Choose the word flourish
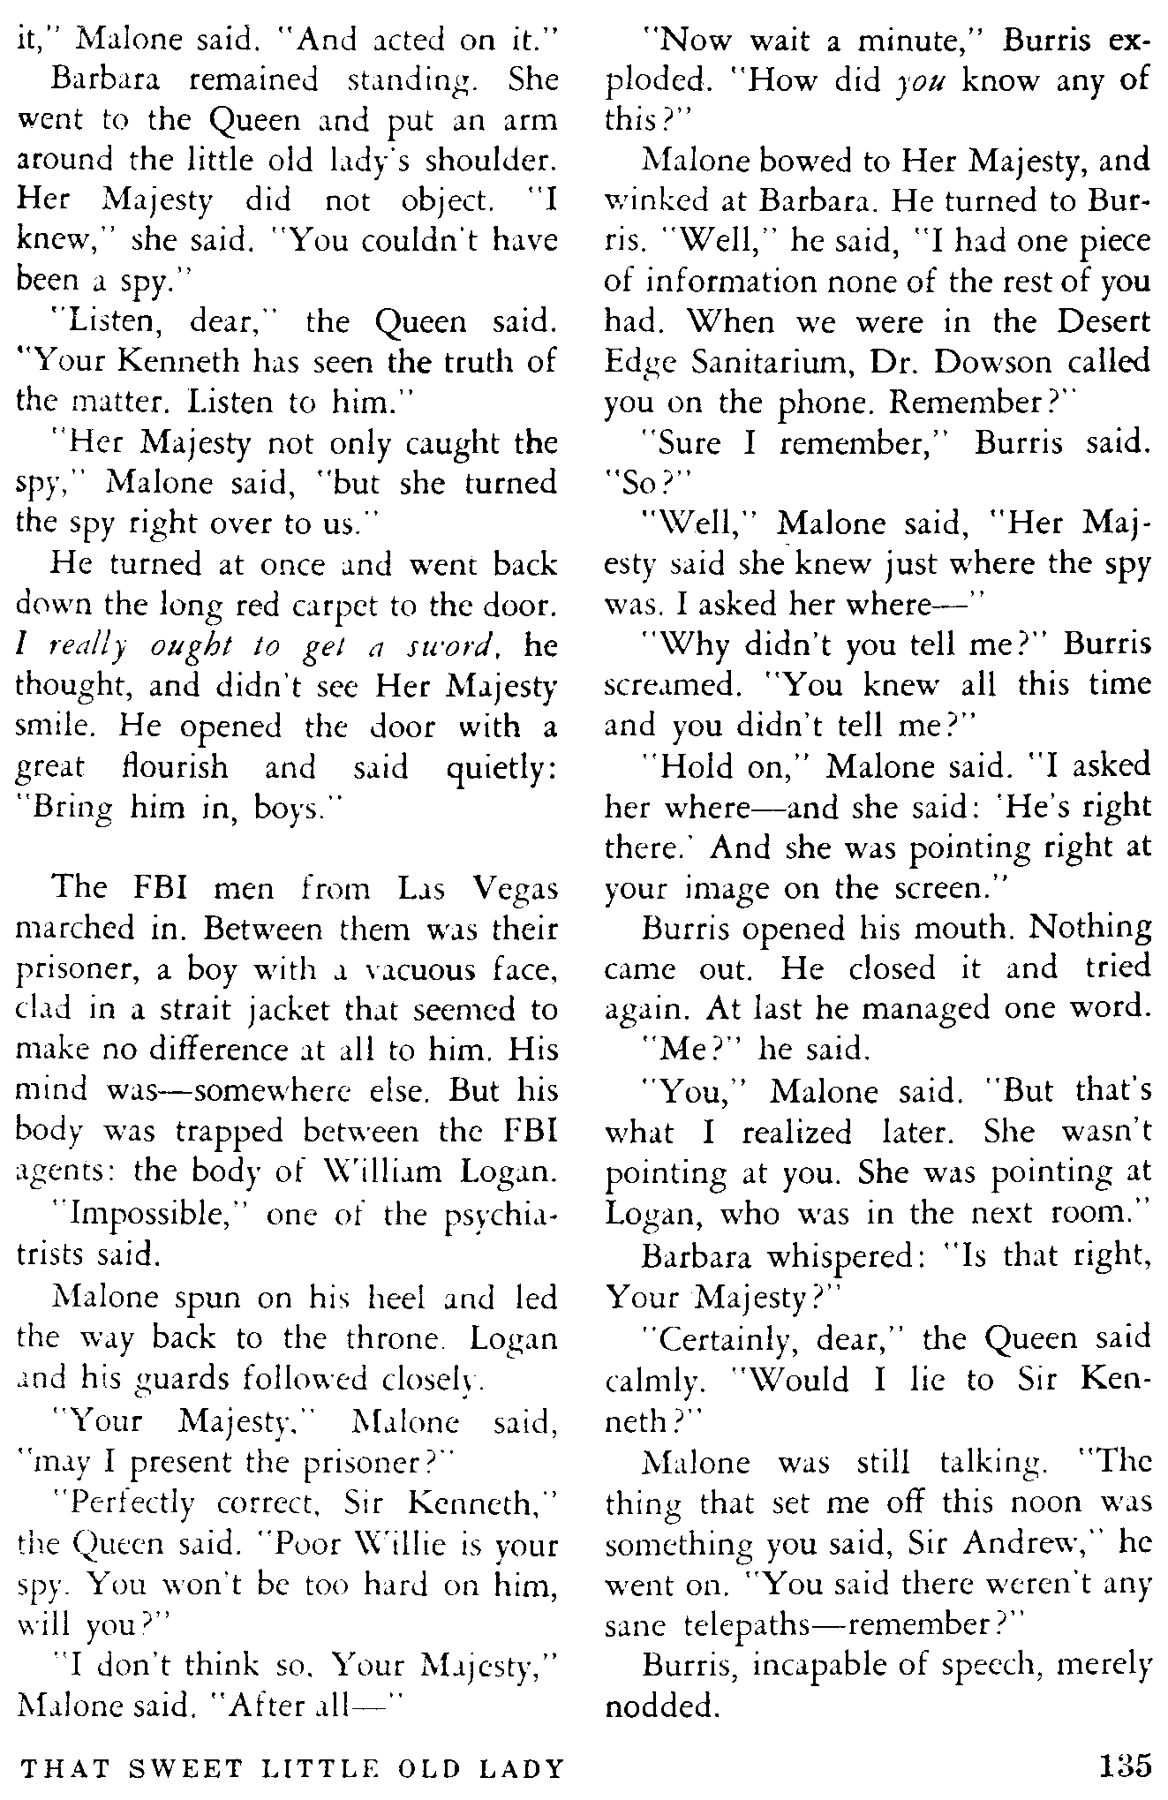tap(175, 767)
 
